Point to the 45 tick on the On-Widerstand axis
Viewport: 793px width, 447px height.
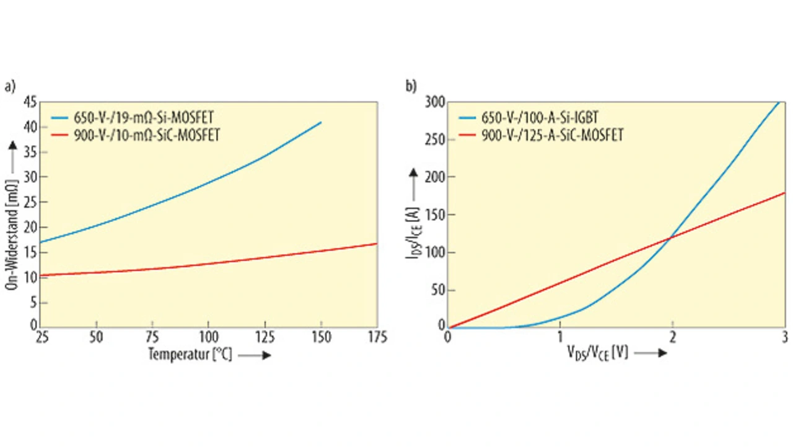pyautogui.click(x=30, y=102)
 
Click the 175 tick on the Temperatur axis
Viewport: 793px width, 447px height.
pyautogui.click(x=377, y=337)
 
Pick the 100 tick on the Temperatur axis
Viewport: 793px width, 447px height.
pyautogui.click(x=208, y=337)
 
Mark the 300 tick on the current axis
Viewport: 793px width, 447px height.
pyautogui.click(x=435, y=102)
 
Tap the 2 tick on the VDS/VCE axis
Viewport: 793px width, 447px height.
pyautogui.click(x=672, y=337)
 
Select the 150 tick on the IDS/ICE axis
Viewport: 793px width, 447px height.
pyautogui.click(x=435, y=215)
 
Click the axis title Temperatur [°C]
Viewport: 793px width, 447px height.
pyautogui.click(x=190, y=355)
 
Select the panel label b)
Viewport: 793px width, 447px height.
pyautogui.click(x=411, y=87)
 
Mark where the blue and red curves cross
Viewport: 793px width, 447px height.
pyautogui.click(x=671, y=237)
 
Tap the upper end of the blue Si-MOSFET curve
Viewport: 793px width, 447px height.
pyautogui.click(x=321, y=123)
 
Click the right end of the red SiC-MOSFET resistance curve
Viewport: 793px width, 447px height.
pyautogui.click(x=377, y=244)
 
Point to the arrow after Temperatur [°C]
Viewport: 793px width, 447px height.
pyautogui.click(x=254, y=356)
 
